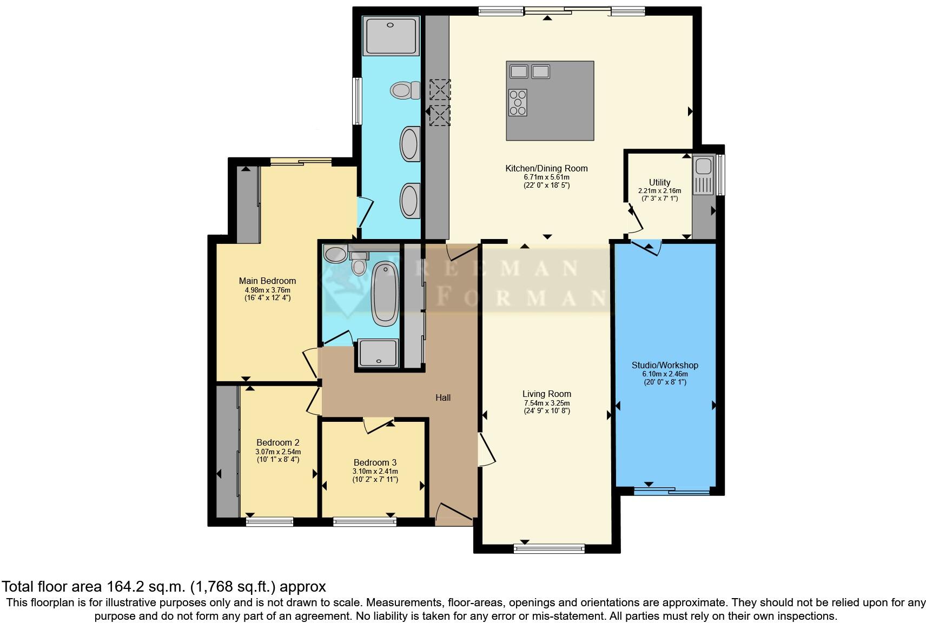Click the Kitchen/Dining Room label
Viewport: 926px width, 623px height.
[546, 168]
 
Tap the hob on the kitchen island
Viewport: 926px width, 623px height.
[518, 102]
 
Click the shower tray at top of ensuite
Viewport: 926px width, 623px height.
[392, 36]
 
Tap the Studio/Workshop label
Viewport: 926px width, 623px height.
[665, 365]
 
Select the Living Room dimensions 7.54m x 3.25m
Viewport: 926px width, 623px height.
[546, 403]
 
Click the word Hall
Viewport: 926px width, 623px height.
[443, 397]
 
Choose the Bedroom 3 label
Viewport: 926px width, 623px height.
[375, 462]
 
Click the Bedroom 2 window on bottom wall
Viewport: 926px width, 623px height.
[269, 521]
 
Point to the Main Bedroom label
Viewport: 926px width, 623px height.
[267, 281]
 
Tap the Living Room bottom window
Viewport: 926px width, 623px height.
[548, 549]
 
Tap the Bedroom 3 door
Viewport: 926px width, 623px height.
[378, 426]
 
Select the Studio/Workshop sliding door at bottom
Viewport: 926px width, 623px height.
[671, 491]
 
